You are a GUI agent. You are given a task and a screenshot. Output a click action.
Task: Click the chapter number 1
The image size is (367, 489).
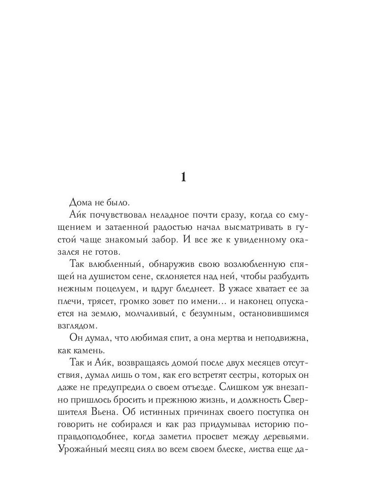pos(183,177)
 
